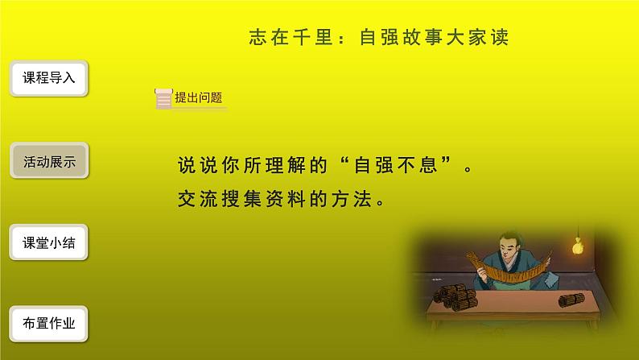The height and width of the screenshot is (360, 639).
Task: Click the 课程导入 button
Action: (49, 79)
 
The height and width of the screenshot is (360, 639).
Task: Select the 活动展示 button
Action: (49, 161)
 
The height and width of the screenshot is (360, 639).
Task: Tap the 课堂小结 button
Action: (49, 242)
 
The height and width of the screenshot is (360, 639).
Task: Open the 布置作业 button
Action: (49, 324)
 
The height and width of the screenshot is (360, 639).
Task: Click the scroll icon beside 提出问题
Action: (163, 97)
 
